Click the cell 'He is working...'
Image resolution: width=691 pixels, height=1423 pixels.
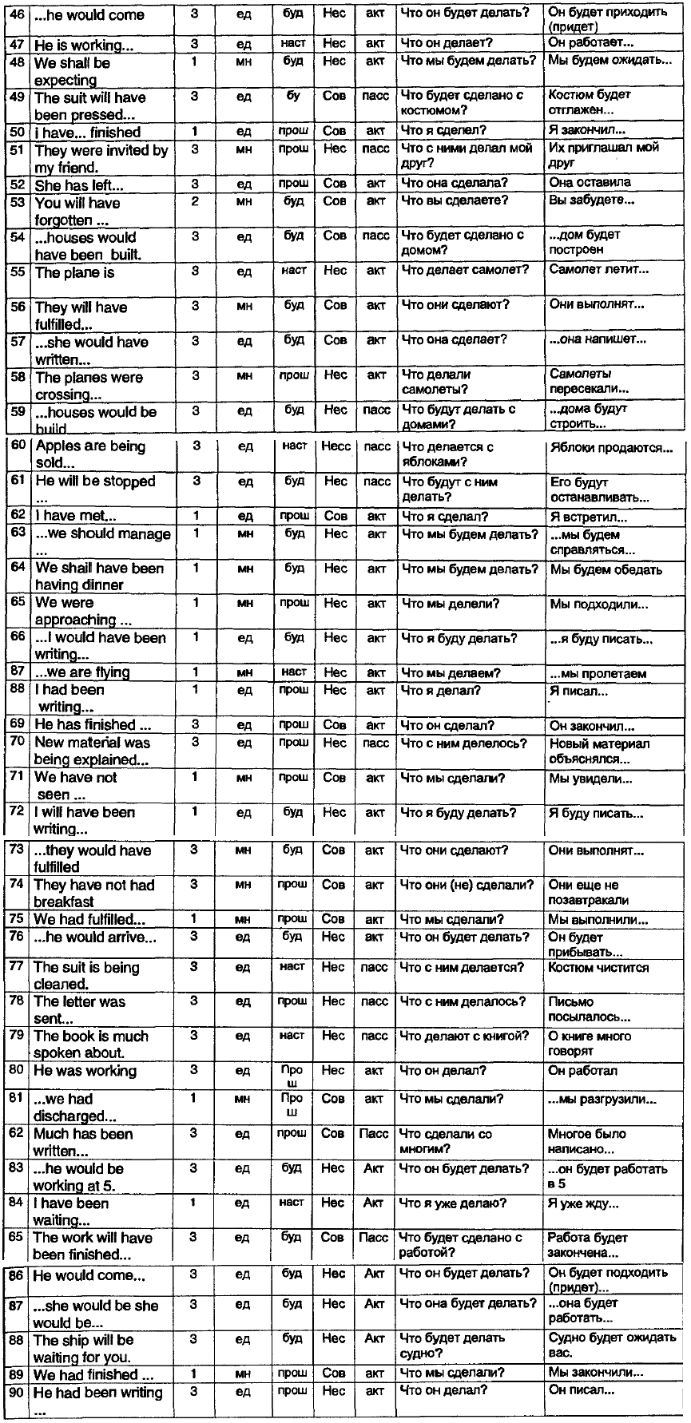pos(84,46)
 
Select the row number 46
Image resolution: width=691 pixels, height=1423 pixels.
pos(16,14)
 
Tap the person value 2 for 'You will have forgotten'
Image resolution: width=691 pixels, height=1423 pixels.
pos(195,201)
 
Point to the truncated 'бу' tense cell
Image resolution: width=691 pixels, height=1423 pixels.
pos(293,96)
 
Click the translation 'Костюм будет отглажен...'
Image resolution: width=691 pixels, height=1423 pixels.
pos(590,102)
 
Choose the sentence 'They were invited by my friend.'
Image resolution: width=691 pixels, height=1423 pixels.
pos(101,158)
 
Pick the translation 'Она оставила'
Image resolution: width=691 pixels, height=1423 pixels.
pos(590,183)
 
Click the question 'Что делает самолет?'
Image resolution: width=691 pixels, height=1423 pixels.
pos(465,270)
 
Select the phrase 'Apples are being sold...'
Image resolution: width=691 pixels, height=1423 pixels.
pos(89,454)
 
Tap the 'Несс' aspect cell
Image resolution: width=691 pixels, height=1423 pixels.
pos(336,446)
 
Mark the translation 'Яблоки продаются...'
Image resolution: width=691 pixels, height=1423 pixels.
pos(612,448)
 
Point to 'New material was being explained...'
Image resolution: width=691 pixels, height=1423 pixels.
pos(93,751)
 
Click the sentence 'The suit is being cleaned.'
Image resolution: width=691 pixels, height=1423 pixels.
pos(86,975)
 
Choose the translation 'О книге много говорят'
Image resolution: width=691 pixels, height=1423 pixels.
pos(590,1043)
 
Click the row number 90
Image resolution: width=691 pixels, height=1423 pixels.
pos(17,1393)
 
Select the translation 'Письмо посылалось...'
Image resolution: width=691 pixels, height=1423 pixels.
pos(589,1009)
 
